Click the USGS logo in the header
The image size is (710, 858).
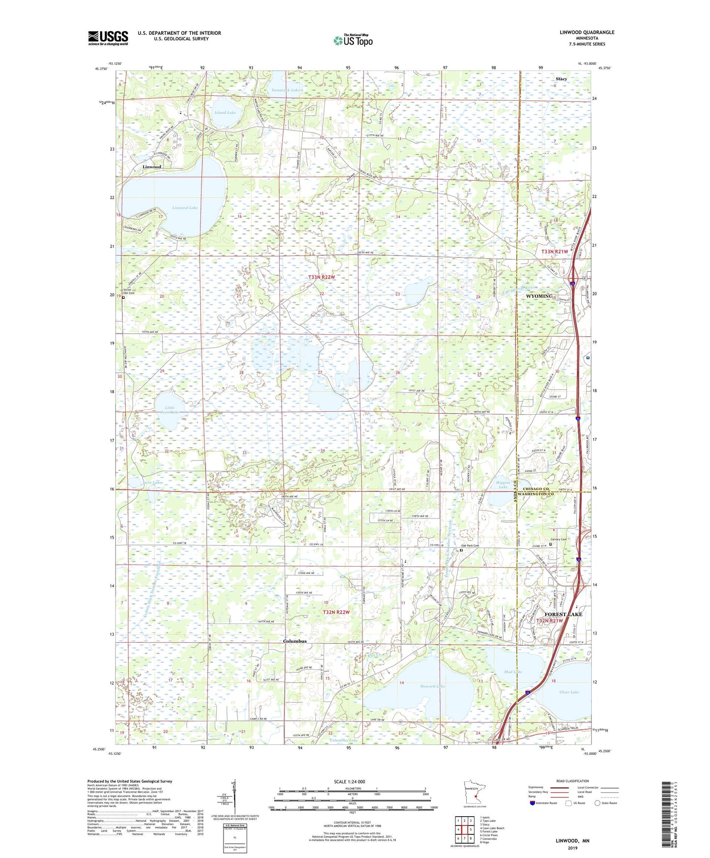coord(108,38)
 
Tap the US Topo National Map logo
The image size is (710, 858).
coord(353,40)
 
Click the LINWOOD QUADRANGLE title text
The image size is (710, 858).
coord(587,32)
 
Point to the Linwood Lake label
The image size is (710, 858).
coord(185,208)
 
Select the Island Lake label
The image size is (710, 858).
coord(225,113)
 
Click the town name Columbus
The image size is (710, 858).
coord(295,641)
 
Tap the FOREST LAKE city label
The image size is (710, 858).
coord(563,614)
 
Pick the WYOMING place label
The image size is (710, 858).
coord(540,296)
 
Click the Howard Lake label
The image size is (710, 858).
coord(432,686)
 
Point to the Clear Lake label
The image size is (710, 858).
coord(569,692)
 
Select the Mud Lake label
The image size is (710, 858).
coord(513,671)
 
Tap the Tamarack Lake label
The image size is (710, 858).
coord(285,90)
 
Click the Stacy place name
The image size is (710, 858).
coord(561,79)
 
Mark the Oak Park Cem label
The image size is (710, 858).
coord(470,546)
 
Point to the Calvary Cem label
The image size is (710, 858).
coord(559,540)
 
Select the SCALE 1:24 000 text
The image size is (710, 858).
coord(349,782)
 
